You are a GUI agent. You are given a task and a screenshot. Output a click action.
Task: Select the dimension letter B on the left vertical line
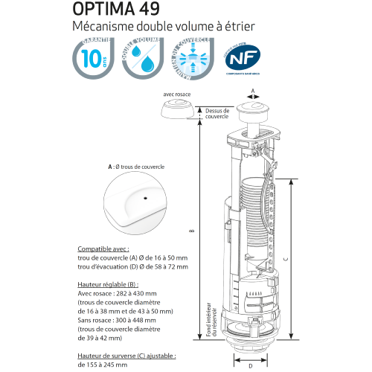coord(193,231)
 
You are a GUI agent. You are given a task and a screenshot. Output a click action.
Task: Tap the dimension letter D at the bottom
coord(251,365)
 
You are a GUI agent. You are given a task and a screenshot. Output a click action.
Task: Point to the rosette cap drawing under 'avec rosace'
coord(176,112)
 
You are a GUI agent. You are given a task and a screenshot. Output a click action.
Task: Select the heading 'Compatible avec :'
coord(103,249)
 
